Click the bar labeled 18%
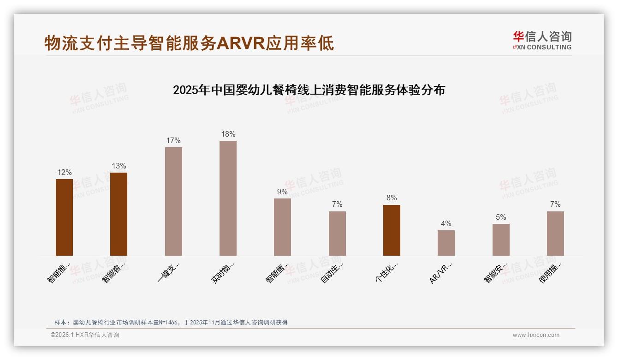coord(228,198)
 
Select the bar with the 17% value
coord(173,201)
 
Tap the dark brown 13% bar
coord(119,214)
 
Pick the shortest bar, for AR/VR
coord(446,243)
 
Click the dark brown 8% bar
coord(392,230)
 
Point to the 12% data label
coord(65,173)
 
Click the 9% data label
coord(282,192)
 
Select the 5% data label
coord(501,217)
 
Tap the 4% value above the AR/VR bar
coord(446,224)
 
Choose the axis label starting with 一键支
coord(168,273)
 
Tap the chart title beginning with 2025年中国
coord(309,90)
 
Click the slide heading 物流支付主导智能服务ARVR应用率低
coord(189,43)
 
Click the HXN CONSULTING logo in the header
coord(542,41)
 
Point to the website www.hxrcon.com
coord(536,335)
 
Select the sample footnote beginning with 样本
coord(171,322)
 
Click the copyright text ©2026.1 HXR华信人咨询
coord(85,335)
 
